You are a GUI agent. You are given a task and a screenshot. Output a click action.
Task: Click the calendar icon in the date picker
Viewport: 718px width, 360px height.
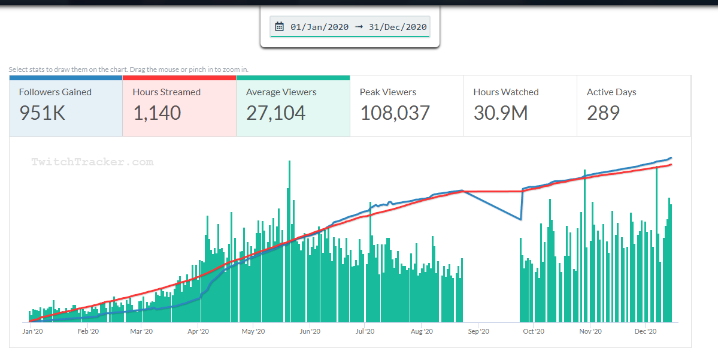pyautogui.click(x=279, y=26)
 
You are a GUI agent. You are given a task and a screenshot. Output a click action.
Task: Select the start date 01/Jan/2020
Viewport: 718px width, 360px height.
pyautogui.click(x=319, y=26)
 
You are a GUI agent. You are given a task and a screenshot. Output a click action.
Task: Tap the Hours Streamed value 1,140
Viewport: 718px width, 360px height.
pyautogui.click(x=157, y=113)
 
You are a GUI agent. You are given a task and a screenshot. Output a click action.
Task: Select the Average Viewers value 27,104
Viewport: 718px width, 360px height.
pyautogui.click(x=275, y=113)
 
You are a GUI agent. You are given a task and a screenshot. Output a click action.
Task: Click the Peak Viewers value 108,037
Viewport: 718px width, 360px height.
pyautogui.click(x=395, y=113)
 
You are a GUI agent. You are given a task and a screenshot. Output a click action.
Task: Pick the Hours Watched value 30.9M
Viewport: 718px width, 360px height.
pyautogui.click(x=501, y=113)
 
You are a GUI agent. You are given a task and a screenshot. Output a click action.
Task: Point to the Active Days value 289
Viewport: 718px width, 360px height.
pyautogui.click(x=603, y=113)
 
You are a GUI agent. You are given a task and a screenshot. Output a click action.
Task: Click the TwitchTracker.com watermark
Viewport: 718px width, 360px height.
pyautogui.click(x=92, y=162)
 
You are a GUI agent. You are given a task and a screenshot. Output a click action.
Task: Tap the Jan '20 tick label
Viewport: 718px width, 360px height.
pyautogui.click(x=32, y=331)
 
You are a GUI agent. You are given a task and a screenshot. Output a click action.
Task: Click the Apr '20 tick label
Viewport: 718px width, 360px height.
pyautogui.click(x=198, y=331)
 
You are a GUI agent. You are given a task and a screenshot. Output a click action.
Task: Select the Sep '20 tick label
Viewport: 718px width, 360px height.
pyautogui.click(x=478, y=331)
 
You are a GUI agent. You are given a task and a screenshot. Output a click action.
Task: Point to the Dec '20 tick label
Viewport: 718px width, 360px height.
pyautogui.click(x=646, y=331)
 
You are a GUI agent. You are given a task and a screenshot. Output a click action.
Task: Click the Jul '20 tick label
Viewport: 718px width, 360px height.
pyautogui.click(x=365, y=331)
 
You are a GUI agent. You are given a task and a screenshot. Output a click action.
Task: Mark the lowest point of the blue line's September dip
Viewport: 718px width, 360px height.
pyautogui.click(x=521, y=219)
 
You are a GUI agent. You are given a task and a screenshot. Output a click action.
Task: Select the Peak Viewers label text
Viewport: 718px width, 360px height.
pyautogui.click(x=388, y=92)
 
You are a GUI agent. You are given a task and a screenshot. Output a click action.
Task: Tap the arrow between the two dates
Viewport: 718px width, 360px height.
pyautogui.click(x=359, y=26)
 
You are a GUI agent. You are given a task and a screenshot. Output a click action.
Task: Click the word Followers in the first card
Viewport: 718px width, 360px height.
pyautogui.click(x=40, y=92)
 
